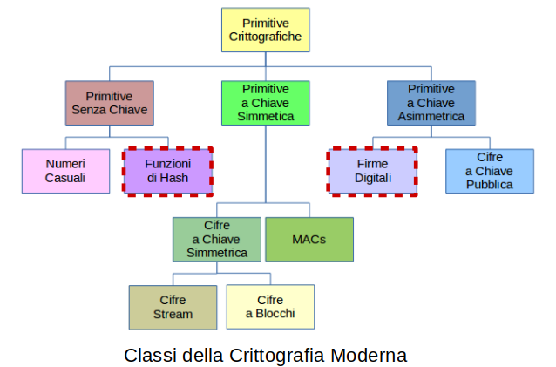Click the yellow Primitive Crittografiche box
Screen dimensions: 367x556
(x=265, y=31)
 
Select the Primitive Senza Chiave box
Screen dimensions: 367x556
(x=109, y=103)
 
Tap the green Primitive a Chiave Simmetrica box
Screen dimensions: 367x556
(x=265, y=103)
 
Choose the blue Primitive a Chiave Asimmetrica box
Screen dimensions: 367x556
(x=431, y=103)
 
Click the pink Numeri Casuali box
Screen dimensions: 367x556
(x=65, y=170)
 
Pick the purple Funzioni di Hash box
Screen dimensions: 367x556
(x=168, y=170)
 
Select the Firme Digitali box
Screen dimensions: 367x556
(x=372, y=170)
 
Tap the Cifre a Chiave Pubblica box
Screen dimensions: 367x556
(x=489, y=170)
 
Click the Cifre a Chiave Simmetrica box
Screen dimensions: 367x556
(x=216, y=239)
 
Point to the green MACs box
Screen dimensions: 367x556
(x=309, y=239)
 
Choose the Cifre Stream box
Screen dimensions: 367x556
(x=173, y=307)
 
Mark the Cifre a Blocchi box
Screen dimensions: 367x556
(x=269, y=307)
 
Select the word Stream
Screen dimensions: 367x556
(x=173, y=314)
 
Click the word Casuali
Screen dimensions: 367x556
(x=65, y=178)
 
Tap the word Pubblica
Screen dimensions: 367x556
(x=489, y=185)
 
